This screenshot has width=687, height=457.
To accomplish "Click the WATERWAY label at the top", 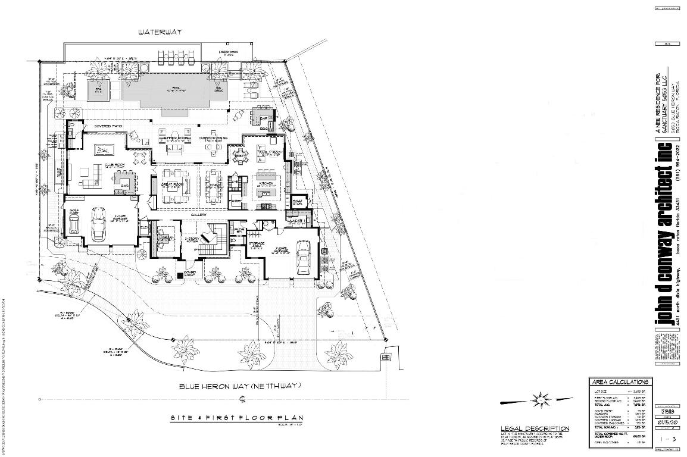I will [x=160, y=32].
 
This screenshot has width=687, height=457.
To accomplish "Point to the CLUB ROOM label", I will [x=114, y=166].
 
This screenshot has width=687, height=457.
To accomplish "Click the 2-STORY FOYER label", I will [x=191, y=239].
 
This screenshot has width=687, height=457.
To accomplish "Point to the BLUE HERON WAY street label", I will [x=241, y=386].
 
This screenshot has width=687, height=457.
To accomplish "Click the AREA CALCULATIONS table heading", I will [x=620, y=381].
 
